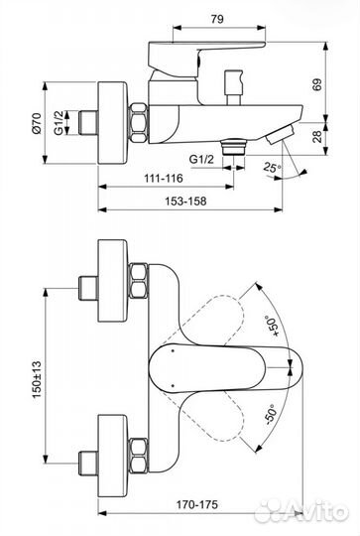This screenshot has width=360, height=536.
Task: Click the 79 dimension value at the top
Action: click(217, 19)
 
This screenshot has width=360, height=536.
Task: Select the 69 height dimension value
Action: click(317, 84)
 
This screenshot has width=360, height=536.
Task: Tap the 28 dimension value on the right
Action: click(317, 136)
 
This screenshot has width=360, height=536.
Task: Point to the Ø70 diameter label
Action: click(37, 123)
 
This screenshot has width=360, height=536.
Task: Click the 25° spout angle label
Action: click(272, 168)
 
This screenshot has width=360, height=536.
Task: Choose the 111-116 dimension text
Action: click(164, 178)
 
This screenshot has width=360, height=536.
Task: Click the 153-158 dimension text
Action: click(185, 201)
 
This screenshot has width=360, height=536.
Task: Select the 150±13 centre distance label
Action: click(37, 379)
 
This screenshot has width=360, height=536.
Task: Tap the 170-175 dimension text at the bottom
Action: click(196, 504)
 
